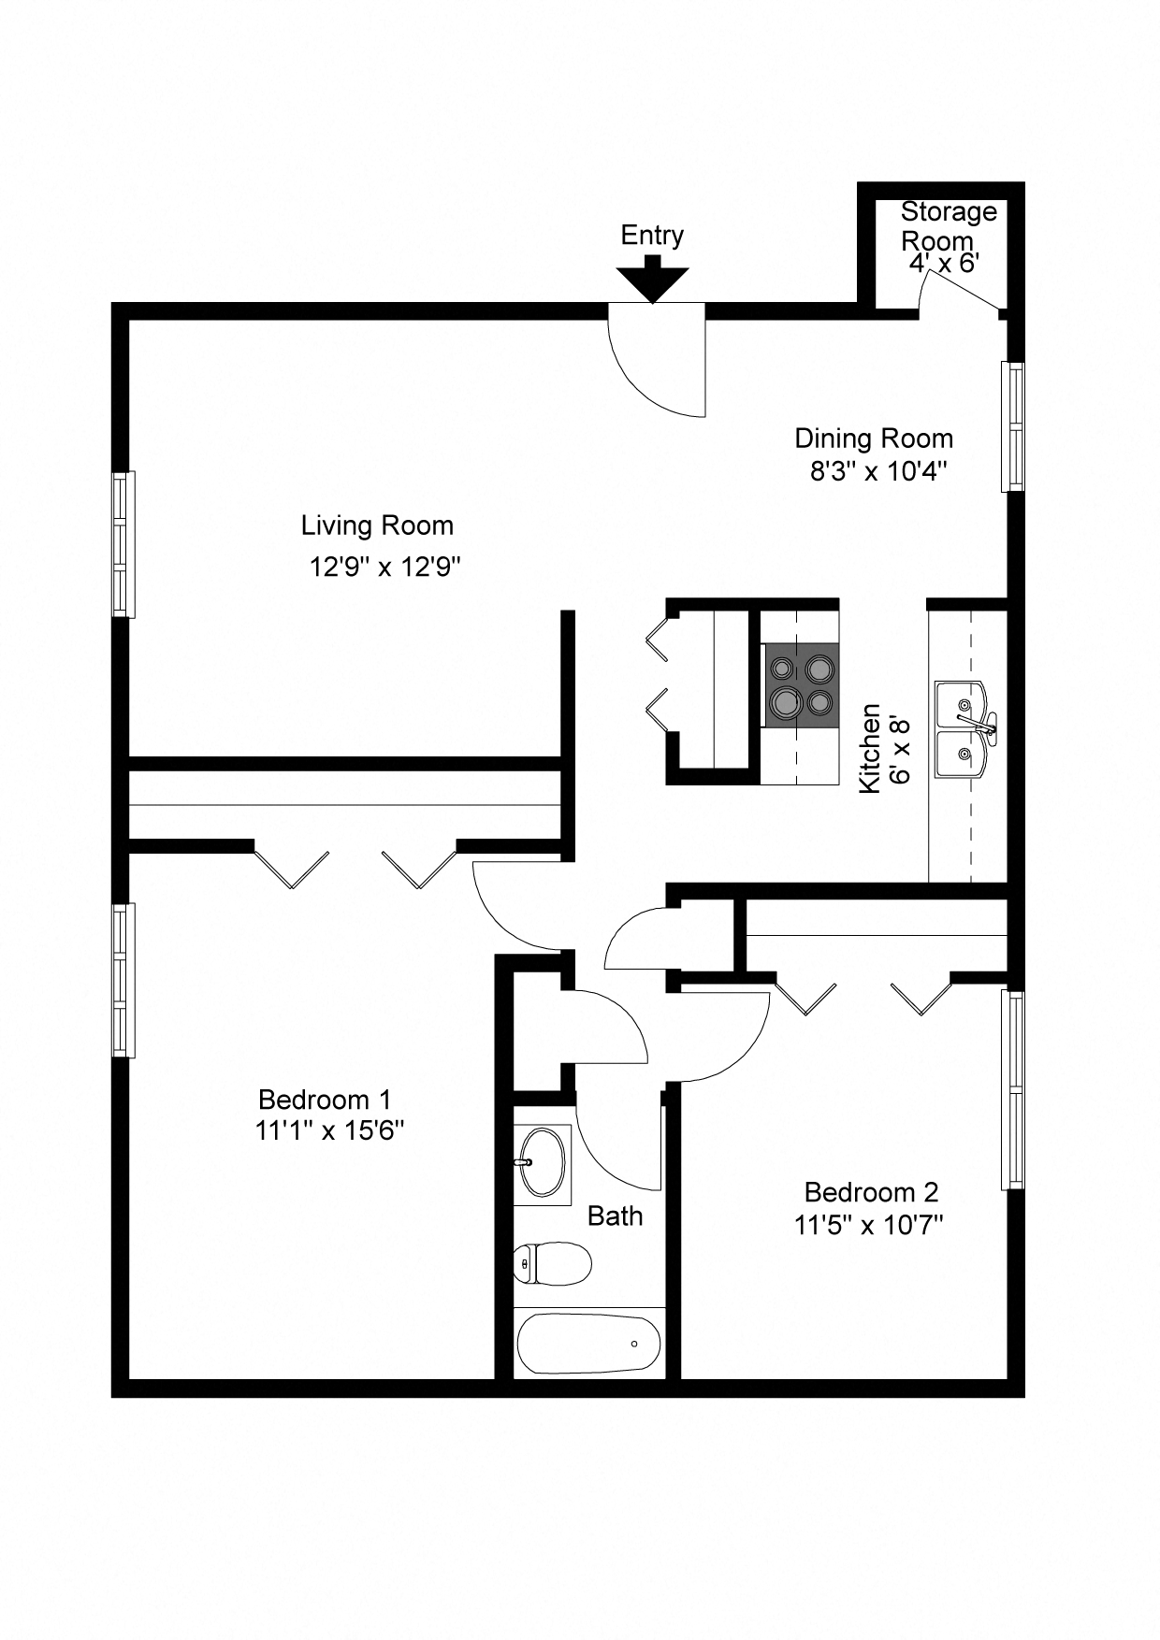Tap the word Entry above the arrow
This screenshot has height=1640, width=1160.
click(652, 236)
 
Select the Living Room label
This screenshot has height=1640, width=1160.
click(377, 525)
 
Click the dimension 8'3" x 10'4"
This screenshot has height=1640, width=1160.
click(878, 471)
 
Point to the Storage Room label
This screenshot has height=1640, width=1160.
click(948, 225)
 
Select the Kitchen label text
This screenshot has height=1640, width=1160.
click(870, 748)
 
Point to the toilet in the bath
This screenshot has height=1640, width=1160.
click(553, 1265)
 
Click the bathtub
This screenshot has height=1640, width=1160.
click(589, 1344)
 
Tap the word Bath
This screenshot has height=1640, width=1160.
click(615, 1216)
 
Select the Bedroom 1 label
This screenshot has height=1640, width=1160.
click(324, 1100)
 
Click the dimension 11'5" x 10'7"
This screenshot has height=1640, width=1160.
click(868, 1225)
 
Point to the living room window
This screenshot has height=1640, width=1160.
click(123, 544)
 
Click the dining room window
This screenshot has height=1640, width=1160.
click(1012, 426)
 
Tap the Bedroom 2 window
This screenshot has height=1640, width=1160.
click(1012, 1089)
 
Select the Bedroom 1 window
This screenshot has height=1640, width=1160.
click(123, 980)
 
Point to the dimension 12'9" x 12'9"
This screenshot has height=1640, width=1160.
click(385, 567)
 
